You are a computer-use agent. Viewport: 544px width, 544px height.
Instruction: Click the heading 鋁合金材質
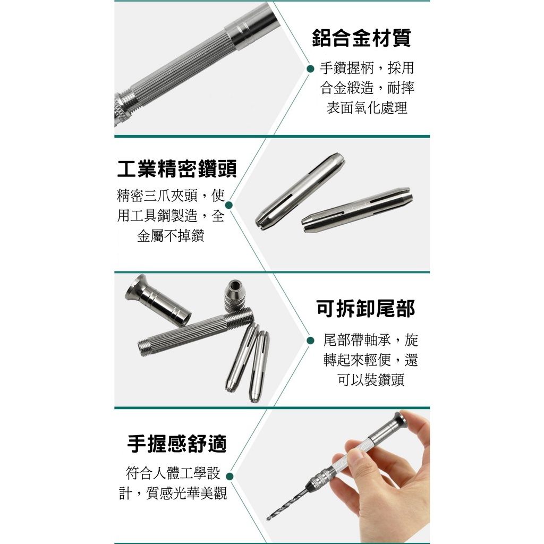point(361,38)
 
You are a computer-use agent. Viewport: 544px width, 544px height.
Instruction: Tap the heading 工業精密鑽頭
point(177,169)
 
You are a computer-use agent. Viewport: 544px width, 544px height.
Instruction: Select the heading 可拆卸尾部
point(365,308)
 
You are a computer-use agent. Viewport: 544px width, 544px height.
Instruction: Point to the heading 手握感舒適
point(177,444)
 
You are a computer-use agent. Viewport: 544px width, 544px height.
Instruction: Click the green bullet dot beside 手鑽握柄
point(311,69)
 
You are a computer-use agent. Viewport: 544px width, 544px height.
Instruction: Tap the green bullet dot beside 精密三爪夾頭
point(229,205)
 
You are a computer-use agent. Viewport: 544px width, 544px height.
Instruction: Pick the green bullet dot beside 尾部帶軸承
point(311,341)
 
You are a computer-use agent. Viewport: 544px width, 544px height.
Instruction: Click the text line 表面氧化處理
point(367,108)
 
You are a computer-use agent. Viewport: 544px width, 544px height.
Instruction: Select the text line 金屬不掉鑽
point(171,236)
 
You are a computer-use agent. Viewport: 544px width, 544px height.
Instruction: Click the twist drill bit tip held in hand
point(269,518)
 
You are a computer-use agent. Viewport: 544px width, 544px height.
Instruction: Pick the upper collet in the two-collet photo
point(301,190)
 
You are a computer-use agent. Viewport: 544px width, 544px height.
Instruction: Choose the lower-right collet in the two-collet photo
point(358,210)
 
